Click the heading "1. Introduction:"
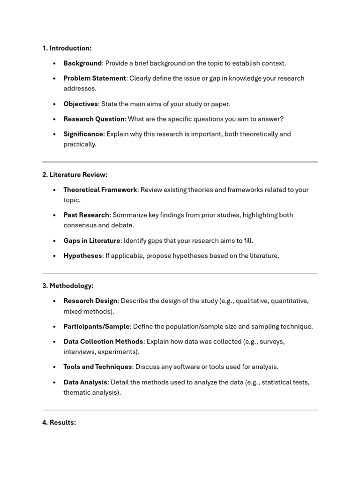click(x=67, y=48)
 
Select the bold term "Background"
click(x=82, y=63)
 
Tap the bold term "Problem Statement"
click(x=95, y=78)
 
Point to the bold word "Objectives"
click(x=81, y=104)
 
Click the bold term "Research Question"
click(x=94, y=119)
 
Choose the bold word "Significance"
click(x=83, y=134)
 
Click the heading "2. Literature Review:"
click(x=75, y=174)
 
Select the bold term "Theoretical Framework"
click(x=100, y=190)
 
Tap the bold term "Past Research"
click(x=86, y=215)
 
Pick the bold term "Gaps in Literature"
click(x=92, y=240)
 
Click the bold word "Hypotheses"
click(x=82, y=256)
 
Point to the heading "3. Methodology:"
click(x=68, y=285)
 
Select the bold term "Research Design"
click(x=90, y=301)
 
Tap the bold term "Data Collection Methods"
click(x=103, y=341)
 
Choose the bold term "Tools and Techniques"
click(x=97, y=367)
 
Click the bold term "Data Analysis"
click(x=85, y=382)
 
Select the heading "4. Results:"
click(x=59, y=422)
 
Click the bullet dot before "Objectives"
click(x=54, y=104)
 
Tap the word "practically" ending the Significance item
click(x=80, y=144)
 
